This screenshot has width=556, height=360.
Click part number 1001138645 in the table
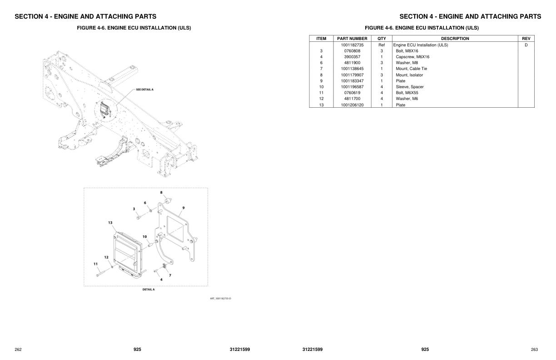point(352,69)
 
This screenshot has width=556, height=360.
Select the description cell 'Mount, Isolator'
point(409,75)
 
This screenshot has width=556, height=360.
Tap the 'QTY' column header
point(382,39)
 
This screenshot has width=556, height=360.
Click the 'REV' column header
point(526,39)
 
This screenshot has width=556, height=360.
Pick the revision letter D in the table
point(526,45)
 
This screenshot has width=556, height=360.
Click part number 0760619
point(352,93)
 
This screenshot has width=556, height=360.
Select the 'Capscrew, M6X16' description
point(412,57)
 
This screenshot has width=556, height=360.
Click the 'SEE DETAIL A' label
point(145,90)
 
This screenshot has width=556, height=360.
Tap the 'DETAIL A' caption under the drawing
point(149,290)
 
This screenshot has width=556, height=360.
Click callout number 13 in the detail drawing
point(110,223)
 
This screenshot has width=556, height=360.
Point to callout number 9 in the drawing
point(184,208)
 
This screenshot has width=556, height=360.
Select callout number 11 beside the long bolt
point(95,264)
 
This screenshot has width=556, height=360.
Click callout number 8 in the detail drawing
point(161,192)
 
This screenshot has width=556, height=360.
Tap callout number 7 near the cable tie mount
point(170,275)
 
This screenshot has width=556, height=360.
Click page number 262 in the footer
point(18,350)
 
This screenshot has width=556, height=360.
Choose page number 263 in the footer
point(534,350)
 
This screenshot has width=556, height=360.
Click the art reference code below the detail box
point(220,299)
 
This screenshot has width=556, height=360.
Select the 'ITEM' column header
point(321,39)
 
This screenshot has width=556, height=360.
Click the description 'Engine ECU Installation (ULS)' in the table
point(421,45)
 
